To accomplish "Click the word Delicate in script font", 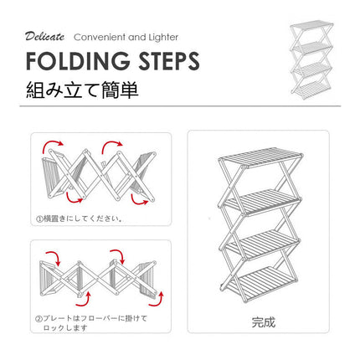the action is coord(44,37).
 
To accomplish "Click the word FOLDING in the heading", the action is coord(78,61).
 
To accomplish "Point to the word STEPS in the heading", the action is coord(169,61).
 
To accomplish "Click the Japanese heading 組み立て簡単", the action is coord(82,90).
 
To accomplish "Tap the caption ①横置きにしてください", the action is coord(80,219).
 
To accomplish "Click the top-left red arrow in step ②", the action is coord(54,256).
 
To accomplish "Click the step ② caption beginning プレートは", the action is coord(91,322).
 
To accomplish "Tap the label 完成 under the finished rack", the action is coord(263,322).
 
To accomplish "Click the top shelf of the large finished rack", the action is coord(260,157).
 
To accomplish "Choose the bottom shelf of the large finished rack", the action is coord(262,284).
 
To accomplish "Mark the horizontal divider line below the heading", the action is coord(180,106).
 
